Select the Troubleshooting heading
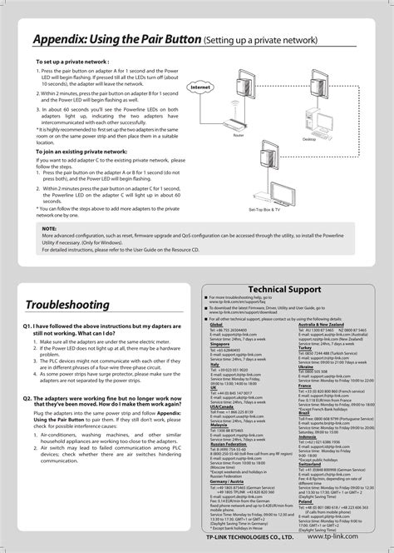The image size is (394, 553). coord(66,304)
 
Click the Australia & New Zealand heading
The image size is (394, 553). coord(310,324)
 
